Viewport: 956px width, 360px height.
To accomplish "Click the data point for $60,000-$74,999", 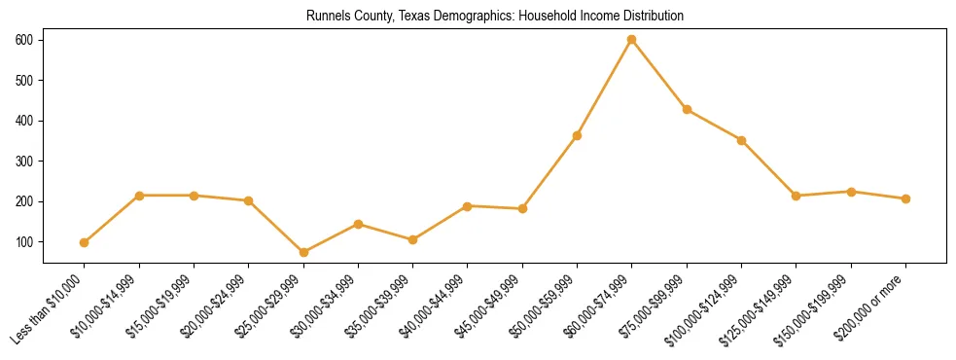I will point(632,39).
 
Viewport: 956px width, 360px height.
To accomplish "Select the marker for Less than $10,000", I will point(85,242).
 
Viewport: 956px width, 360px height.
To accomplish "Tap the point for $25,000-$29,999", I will point(303,252).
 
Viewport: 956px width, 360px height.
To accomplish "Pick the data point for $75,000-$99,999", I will point(687,109).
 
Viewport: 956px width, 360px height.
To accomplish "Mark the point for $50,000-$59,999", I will point(577,135).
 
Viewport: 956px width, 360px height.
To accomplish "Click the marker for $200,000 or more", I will point(905,198).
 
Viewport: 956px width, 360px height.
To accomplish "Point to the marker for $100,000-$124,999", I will point(741,140).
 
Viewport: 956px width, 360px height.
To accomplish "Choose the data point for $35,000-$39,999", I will point(413,239).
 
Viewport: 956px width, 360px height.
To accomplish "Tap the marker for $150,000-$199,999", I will point(851,192).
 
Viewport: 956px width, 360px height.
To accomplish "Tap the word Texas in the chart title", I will point(407,17).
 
